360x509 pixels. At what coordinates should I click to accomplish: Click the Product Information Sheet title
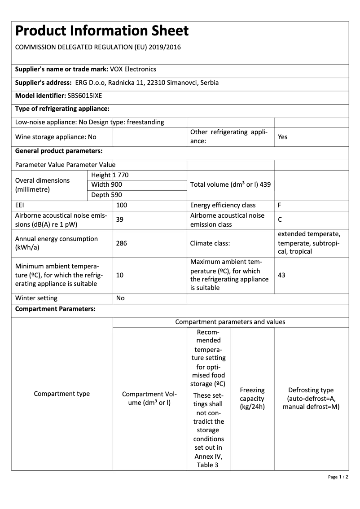pos(102,31)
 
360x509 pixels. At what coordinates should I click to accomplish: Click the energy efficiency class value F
pos(280,205)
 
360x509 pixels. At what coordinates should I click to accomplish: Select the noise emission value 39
pos(120,219)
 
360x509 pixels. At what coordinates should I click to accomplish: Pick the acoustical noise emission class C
pos(280,220)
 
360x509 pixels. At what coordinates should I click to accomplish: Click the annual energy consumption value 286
pos(121,243)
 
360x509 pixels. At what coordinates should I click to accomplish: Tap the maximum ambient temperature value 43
pos(281,275)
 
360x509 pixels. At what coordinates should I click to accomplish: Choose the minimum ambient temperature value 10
pos(120,275)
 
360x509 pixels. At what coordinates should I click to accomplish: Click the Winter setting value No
pos(120,298)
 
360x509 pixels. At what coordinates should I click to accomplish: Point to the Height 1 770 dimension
pos(110,175)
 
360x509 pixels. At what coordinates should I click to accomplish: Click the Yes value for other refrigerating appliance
pos(282,137)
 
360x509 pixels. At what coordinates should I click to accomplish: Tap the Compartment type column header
pos(62,394)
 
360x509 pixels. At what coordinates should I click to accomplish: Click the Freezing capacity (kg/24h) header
pos(252,399)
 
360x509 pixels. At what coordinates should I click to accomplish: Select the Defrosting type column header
pos(311,399)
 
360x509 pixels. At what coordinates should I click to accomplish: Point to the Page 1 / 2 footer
pos(338,477)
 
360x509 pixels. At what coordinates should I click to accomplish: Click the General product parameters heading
pos(59,151)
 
